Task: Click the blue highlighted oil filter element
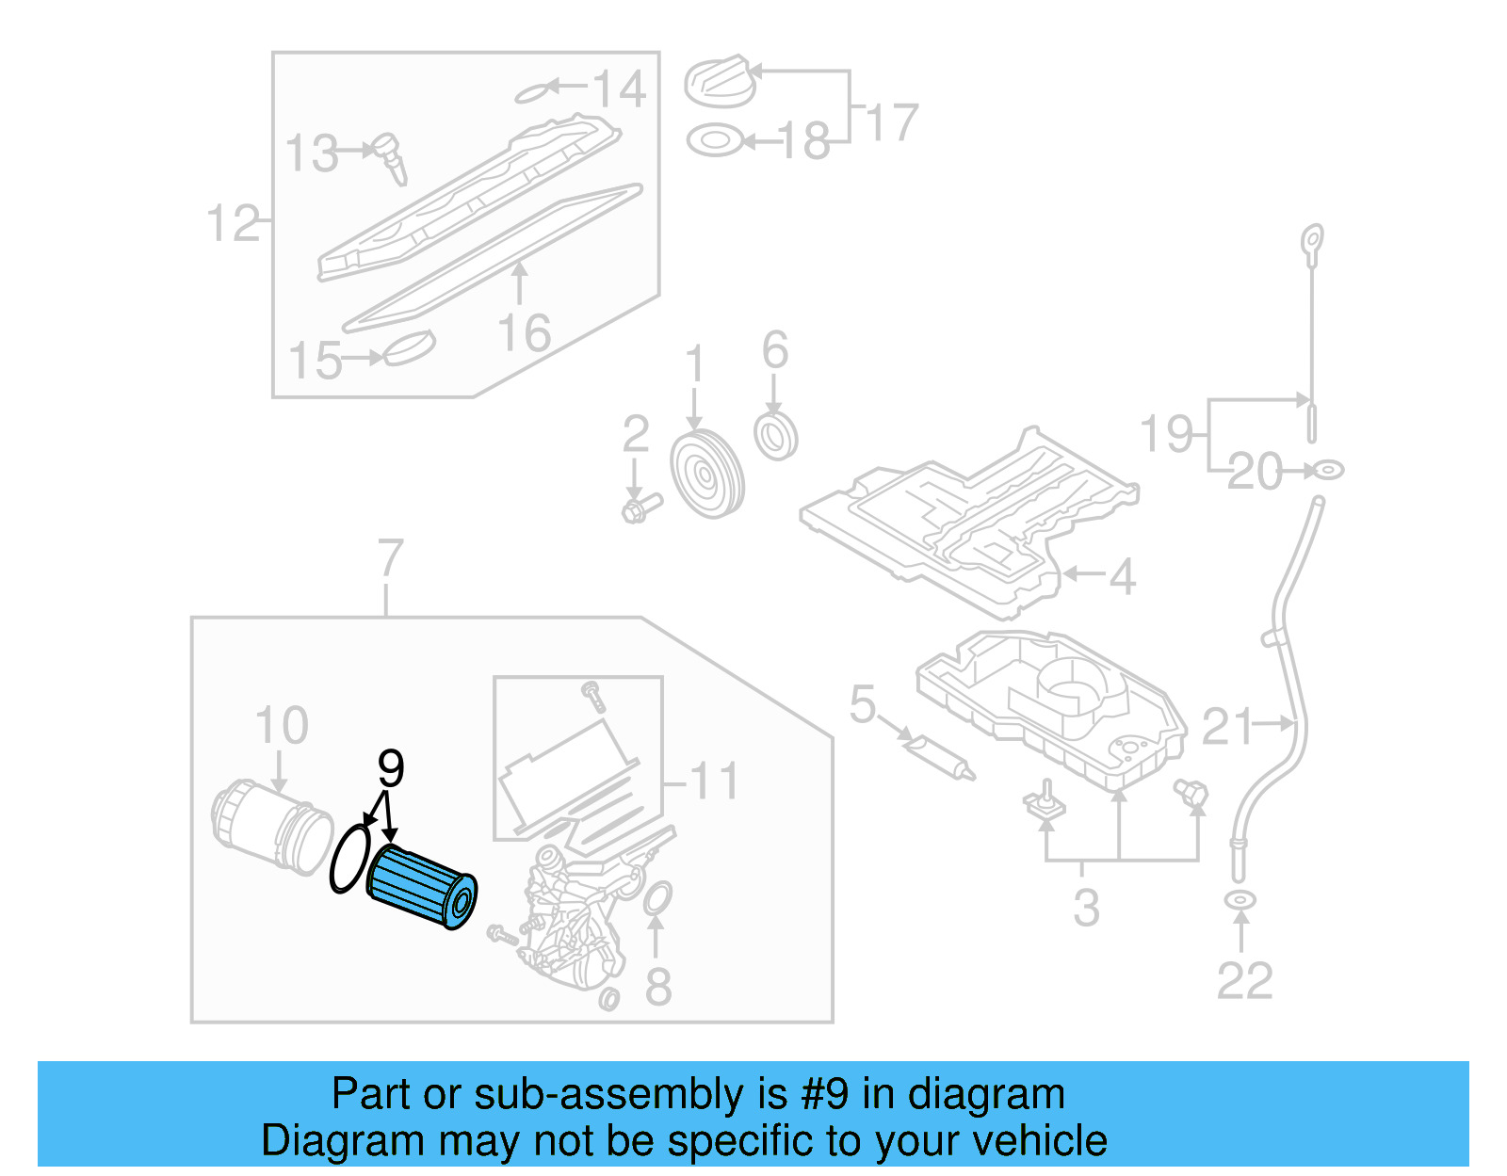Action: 421,887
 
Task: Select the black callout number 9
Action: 391,768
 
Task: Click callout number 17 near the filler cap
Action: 891,122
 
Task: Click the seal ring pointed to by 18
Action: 714,141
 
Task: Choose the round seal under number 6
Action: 776,435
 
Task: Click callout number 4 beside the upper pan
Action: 1122,575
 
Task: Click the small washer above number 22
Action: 1240,901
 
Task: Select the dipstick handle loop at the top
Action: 1312,241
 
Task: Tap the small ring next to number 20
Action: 1328,468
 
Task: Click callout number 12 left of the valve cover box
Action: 232,224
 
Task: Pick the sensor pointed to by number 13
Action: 390,156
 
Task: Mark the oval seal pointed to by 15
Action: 410,347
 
